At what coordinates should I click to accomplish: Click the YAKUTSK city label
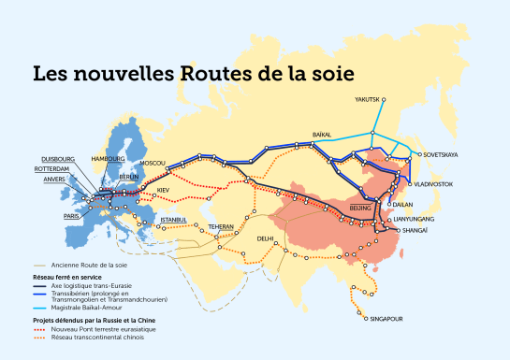pyautogui.click(x=371, y=99)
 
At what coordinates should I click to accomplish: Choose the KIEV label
pyautogui.click(x=164, y=190)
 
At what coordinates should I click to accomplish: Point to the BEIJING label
pyautogui.click(x=360, y=205)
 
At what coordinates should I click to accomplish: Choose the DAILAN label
pyautogui.click(x=405, y=203)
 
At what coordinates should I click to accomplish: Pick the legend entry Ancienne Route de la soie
pyautogui.click(x=93, y=266)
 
